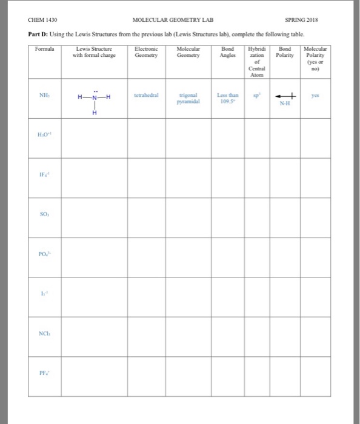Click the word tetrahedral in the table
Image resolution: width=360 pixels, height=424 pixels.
[x=147, y=94]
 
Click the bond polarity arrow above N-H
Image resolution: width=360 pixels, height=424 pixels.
[x=284, y=95]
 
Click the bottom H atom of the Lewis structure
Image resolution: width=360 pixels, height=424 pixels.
[x=93, y=113]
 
